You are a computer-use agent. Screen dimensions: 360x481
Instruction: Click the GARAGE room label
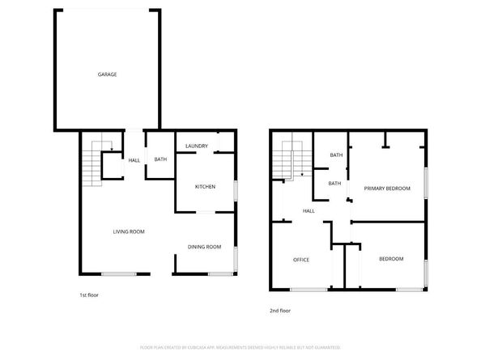(x=108, y=74)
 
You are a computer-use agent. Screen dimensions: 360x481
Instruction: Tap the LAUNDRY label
(x=197, y=146)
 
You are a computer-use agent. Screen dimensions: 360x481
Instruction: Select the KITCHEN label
(x=205, y=187)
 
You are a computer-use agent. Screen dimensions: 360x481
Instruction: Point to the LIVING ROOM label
(x=128, y=232)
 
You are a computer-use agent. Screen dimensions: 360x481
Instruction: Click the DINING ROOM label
(x=204, y=247)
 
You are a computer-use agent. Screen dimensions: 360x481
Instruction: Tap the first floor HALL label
(x=134, y=159)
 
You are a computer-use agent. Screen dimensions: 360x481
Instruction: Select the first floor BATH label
(x=160, y=159)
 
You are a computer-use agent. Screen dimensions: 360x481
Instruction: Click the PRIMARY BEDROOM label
(x=386, y=188)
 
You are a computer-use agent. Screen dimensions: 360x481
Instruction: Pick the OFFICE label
(x=301, y=260)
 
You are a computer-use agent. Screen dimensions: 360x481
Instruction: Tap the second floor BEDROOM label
(x=391, y=259)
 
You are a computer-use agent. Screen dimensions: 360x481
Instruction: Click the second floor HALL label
(x=309, y=211)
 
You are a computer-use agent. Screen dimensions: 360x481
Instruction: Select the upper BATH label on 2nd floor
(x=335, y=155)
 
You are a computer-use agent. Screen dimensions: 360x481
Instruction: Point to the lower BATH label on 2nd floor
(x=334, y=183)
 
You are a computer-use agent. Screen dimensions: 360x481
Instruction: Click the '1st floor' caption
(x=89, y=294)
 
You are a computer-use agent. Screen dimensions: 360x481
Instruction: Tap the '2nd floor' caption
(x=279, y=311)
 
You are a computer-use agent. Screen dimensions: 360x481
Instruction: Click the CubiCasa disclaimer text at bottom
(x=240, y=346)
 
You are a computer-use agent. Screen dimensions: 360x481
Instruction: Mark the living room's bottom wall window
(x=118, y=273)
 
